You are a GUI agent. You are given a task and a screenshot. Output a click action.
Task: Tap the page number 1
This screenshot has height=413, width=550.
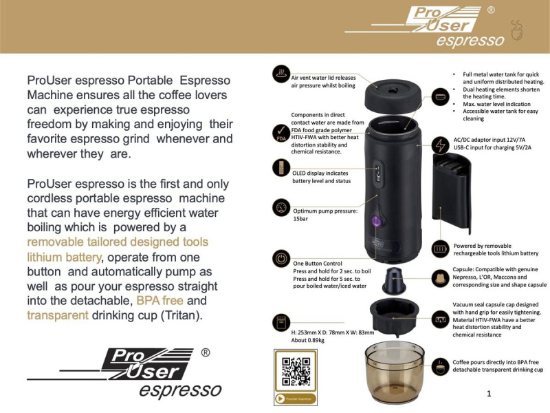tap(488, 394)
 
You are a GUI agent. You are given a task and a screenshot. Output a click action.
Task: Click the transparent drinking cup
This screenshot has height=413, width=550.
tap(394, 372)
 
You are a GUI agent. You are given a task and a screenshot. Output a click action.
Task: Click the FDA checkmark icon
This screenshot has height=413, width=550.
tap(280, 131)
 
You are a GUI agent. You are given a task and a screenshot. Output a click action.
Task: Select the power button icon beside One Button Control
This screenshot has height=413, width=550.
tap(280, 260)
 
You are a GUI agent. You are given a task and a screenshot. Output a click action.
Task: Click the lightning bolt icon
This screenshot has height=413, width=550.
tap(439, 145)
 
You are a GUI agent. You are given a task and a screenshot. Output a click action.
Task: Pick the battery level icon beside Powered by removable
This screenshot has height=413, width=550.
tap(440, 248)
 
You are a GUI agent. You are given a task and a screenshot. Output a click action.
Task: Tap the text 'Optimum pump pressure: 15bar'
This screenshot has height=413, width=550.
tap(325, 215)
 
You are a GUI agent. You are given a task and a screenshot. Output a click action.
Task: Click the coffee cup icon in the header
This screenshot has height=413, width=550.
tap(516, 29)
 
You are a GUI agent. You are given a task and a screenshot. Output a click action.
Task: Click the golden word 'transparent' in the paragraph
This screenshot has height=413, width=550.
tap(58, 315)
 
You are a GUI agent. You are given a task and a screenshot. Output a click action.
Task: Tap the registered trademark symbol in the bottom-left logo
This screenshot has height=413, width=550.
tap(205, 352)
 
